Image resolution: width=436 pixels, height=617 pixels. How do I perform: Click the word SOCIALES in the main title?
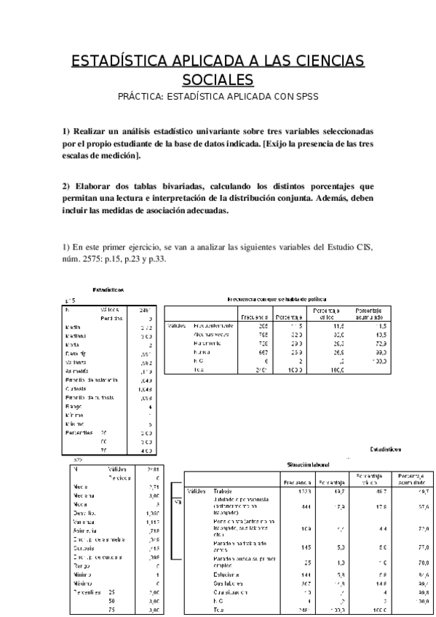[218, 79]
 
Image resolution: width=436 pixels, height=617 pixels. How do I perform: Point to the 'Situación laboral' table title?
[309, 463]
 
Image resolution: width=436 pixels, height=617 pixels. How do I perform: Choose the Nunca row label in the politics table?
[202, 351]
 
